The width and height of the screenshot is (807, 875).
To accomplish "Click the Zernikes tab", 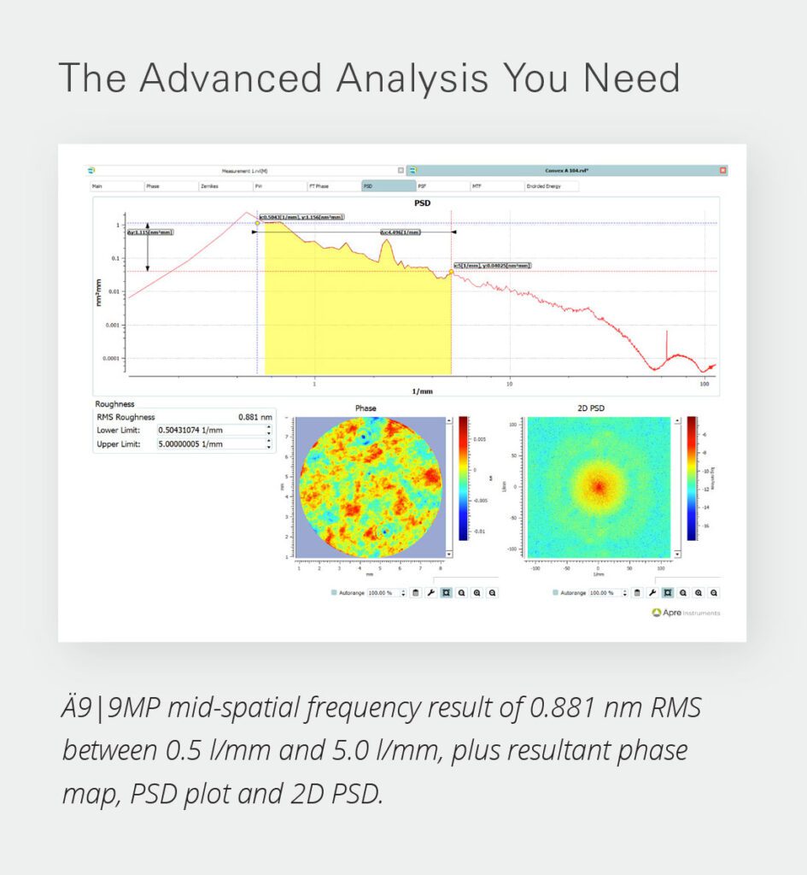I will coord(209,185).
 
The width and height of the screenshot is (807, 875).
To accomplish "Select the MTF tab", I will coord(477,185).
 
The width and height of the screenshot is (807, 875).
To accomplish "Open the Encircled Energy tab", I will coord(543,185).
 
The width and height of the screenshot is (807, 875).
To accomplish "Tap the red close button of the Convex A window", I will coord(723,170).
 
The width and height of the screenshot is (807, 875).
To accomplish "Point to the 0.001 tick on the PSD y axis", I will coord(113,326).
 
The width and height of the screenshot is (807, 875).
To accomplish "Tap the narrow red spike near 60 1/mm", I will coord(666,346).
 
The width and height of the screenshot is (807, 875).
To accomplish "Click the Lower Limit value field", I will coord(211,430).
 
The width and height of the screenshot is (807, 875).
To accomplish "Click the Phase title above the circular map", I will coord(365,408).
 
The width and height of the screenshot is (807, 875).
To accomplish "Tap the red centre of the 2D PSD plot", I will coord(599,487).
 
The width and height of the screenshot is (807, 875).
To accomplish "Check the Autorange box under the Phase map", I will coord(333,592).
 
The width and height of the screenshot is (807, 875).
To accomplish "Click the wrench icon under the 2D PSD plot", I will coord(652,592).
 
